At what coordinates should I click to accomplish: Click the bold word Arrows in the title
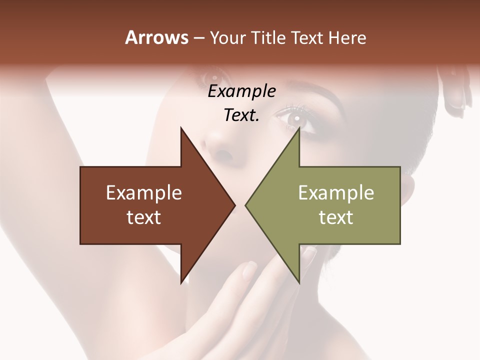(x=156, y=37)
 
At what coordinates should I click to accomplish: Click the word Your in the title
(x=228, y=38)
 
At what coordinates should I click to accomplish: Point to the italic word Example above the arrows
(x=241, y=91)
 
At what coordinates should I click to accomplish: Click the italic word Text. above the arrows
(x=241, y=115)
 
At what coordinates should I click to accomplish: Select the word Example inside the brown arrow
(x=144, y=193)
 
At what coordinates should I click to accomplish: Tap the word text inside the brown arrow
(x=144, y=217)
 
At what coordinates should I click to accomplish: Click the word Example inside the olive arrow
(x=336, y=193)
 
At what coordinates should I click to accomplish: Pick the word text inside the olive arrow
(x=336, y=217)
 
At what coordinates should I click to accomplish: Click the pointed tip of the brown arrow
(x=234, y=205)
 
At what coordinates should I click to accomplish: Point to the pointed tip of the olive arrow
(x=246, y=205)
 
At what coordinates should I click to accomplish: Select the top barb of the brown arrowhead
(x=181, y=129)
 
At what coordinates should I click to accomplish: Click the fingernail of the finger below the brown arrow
(x=248, y=270)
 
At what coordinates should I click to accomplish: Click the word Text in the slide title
(x=307, y=38)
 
